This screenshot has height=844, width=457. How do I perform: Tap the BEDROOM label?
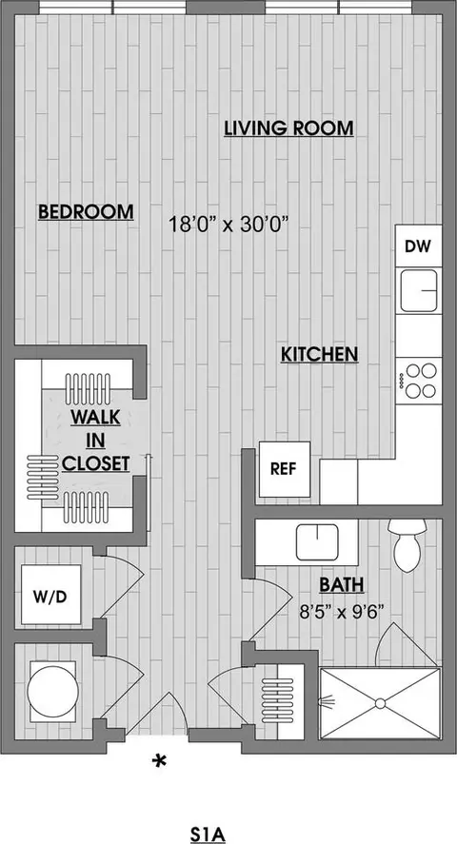[x=86, y=211]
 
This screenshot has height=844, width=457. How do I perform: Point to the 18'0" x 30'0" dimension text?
[x=228, y=225]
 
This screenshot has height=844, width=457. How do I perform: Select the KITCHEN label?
[x=319, y=354]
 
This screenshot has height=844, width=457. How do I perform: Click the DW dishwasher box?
[x=418, y=245]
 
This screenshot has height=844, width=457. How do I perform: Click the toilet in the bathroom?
[x=407, y=546]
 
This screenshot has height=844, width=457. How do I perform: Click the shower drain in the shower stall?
[x=380, y=703]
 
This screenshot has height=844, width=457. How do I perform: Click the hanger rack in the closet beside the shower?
[x=282, y=692]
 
